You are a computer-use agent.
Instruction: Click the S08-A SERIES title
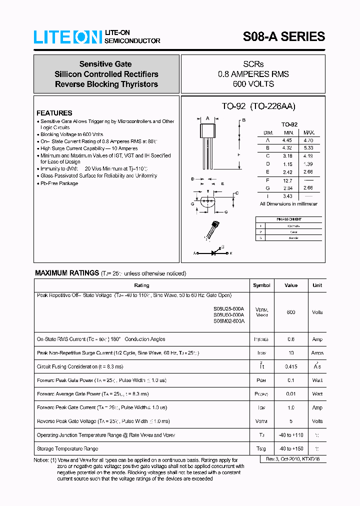[x=283, y=36]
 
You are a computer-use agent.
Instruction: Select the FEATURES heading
[x=54, y=113]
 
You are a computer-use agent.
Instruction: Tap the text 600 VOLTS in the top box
[x=253, y=84]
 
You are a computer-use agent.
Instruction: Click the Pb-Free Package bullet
[x=59, y=183]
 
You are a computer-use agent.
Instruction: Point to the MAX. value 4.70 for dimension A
[x=308, y=140]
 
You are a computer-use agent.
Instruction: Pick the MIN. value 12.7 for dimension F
[x=288, y=180]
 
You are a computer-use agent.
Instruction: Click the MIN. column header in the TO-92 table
[x=288, y=132]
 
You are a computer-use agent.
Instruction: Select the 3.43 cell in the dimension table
[x=288, y=196]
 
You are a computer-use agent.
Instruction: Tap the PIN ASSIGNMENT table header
[x=289, y=219]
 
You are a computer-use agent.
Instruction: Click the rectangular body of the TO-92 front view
[x=207, y=130]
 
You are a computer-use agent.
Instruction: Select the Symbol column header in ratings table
[x=261, y=285]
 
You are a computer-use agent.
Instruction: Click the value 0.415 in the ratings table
[x=290, y=366]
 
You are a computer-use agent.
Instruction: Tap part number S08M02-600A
[x=228, y=321]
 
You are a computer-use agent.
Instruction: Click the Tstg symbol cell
[x=261, y=448]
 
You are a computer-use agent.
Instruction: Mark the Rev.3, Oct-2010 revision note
[x=292, y=458]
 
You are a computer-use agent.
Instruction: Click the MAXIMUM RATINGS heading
[x=67, y=273]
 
